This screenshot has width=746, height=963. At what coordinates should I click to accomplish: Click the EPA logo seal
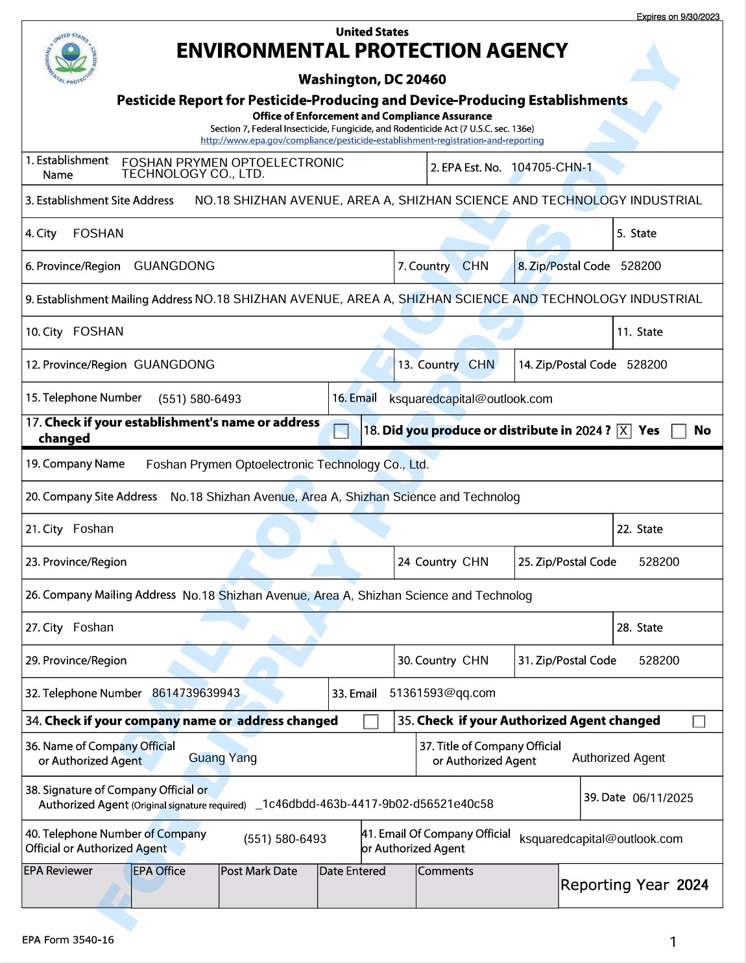click(x=71, y=58)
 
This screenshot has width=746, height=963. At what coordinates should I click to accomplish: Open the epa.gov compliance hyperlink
click(x=372, y=140)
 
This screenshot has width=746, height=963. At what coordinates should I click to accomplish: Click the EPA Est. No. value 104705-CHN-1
click(x=551, y=167)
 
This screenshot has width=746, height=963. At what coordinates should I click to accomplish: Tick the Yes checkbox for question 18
click(x=624, y=431)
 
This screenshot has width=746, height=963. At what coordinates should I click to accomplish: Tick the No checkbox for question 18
click(x=679, y=431)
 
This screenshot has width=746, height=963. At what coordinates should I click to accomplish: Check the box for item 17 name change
click(x=341, y=431)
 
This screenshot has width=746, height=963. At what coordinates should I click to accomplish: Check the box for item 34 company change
click(x=371, y=722)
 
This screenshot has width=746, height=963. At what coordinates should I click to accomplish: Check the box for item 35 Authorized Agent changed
click(x=699, y=722)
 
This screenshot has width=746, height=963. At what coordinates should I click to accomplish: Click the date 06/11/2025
click(x=662, y=798)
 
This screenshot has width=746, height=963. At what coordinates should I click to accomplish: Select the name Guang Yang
click(x=223, y=758)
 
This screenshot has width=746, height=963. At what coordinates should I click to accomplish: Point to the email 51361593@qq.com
click(x=442, y=693)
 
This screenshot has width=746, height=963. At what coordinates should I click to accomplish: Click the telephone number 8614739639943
click(x=196, y=693)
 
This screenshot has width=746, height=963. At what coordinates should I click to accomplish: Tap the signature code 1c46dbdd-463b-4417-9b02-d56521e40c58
click(x=377, y=804)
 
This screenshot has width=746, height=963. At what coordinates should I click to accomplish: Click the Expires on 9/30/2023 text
click(x=678, y=17)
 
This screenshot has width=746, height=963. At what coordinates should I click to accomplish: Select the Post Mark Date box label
click(x=259, y=871)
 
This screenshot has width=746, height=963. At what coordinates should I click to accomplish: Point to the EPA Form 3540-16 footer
click(x=67, y=940)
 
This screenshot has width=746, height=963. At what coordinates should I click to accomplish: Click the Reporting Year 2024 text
click(x=634, y=885)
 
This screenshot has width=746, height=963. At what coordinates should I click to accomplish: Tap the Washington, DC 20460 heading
click(x=372, y=79)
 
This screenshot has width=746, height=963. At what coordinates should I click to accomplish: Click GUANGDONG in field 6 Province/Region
click(x=174, y=266)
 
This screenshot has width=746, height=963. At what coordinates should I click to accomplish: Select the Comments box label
click(x=446, y=871)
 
